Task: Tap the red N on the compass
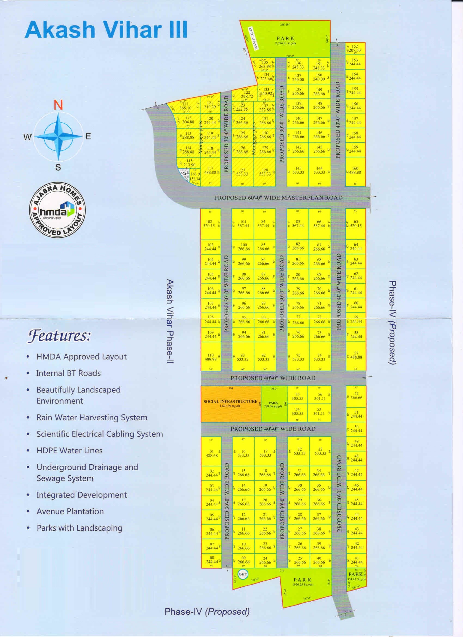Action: coord(58,105)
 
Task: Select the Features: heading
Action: coord(59,336)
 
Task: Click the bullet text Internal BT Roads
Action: coord(68,373)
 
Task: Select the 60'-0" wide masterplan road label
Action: coord(278,198)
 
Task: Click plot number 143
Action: coord(298,170)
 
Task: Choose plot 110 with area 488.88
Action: coord(210,357)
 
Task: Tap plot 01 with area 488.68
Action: coord(211,453)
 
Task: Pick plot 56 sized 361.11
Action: coord(319,396)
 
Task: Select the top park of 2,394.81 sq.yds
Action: coord(285,40)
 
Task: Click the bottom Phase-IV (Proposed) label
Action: coord(207,611)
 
